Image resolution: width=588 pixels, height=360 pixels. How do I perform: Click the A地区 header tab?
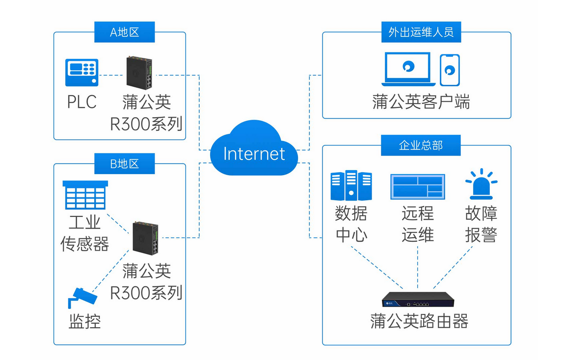click(x=125, y=32)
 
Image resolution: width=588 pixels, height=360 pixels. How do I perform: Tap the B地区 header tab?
click(x=125, y=164)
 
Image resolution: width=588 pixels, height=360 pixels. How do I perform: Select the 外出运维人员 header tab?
click(x=421, y=32)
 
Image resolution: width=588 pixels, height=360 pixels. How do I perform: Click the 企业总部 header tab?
click(x=421, y=145)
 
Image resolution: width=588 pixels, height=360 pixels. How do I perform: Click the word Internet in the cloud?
click(x=254, y=154)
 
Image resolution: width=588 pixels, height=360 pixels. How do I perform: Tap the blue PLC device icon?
click(x=82, y=72)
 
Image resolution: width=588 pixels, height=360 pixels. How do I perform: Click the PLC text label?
click(x=82, y=102)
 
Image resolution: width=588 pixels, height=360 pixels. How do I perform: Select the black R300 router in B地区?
click(x=145, y=238)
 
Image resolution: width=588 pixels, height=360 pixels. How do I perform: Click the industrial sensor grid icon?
click(x=85, y=195)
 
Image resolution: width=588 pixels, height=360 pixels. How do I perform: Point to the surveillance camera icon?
click(x=82, y=298)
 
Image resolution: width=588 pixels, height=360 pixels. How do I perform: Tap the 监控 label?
click(x=85, y=321)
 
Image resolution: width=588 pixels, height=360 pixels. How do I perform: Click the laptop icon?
click(x=408, y=69)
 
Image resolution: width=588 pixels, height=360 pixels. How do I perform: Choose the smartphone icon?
click(x=450, y=70)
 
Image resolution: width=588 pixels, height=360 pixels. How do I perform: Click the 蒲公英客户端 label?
click(x=421, y=102)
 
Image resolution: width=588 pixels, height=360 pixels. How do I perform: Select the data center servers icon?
click(x=351, y=185)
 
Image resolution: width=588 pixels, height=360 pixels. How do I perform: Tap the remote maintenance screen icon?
click(x=417, y=186)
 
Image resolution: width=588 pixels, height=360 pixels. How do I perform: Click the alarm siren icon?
click(x=481, y=184)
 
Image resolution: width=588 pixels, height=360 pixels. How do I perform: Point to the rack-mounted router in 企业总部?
click(x=418, y=299)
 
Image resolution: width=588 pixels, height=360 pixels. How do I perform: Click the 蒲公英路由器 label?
click(x=419, y=321)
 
